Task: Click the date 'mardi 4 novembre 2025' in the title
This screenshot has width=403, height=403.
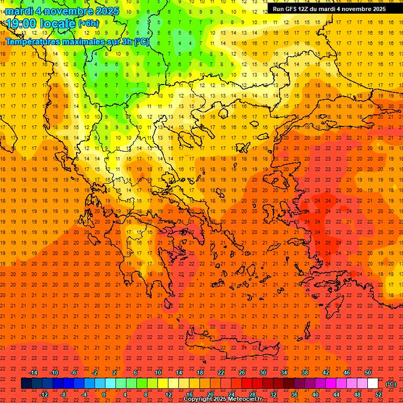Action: pyautogui.click(x=62, y=11)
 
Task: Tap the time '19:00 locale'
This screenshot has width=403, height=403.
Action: pyautogui.click(x=41, y=24)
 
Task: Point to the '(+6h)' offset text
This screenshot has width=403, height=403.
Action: pyautogui.click(x=88, y=24)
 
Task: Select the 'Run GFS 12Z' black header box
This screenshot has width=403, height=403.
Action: pyautogui.click(x=329, y=9)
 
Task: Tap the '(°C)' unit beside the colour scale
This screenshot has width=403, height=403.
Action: pyautogui.click(x=391, y=384)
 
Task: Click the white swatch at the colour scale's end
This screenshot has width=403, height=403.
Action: pyautogui.click(x=373, y=384)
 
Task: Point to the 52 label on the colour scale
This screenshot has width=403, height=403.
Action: pyautogui.click(x=378, y=395)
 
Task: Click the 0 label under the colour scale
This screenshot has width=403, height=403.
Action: pyautogui.click(x=104, y=395)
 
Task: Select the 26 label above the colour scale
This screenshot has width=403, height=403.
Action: pyautogui.click(x=242, y=373)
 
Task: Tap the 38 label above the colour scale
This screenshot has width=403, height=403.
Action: pyautogui.click(x=305, y=373)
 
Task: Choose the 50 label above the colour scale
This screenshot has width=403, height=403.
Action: pyautogui.click(x=368, y=373)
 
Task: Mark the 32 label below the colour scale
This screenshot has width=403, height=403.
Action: pyautogui.click(x=273, y=395)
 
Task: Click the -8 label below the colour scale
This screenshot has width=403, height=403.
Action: pyautogui.click(x=63, y=395)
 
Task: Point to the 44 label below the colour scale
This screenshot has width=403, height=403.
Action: pyautogui.click(x=336, y=395)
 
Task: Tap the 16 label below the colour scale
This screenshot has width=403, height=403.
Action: pyautogui.click(x=189, y=395)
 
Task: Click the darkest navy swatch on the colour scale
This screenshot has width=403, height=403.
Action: pyautogui.click(x=26, y=384)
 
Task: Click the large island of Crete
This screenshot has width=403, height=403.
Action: pyautogui.click(x=231, y=346)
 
